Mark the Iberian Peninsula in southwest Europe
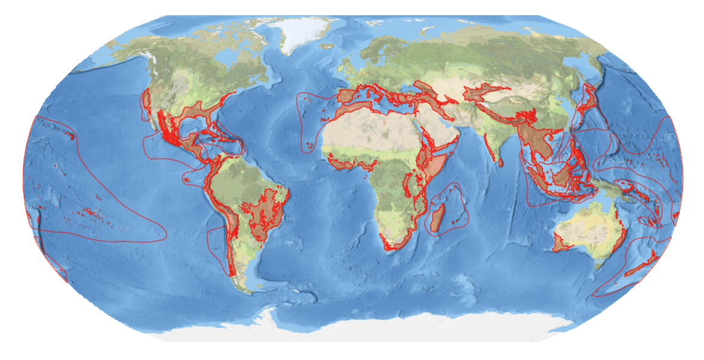coord(348,96)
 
